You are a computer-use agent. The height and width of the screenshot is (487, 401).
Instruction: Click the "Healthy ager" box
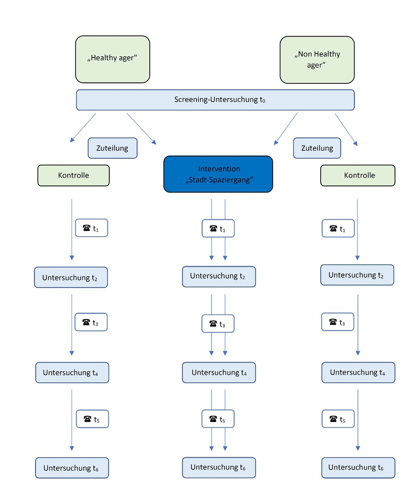click(112, 59)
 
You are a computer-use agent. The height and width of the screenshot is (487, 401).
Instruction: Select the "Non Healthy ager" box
click(317, 60)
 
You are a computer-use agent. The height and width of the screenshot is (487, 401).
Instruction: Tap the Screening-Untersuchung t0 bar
click(215, 100)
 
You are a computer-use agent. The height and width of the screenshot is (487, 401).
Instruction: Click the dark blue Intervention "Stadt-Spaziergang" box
click(218, 174)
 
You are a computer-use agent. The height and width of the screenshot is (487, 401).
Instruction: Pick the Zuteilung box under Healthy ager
click(112, 148)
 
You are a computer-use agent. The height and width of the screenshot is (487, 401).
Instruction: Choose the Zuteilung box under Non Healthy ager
click(317, 148)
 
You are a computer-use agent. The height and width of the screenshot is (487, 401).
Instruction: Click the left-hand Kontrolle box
click(74, 176)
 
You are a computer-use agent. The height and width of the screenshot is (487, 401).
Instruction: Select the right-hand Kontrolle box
click(357, 176)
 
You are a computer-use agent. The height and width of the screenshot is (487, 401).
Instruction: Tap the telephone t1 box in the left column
click(92, 228)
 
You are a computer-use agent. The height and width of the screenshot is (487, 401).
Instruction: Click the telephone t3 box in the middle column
click(218, 323)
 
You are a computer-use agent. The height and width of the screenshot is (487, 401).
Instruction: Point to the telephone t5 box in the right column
click(338, 419)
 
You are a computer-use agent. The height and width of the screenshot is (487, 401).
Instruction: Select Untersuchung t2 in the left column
click(71, 277)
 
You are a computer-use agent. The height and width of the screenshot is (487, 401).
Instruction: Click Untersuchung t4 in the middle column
click(219, 372)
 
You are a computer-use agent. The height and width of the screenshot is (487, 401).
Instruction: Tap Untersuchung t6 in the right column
click(358, 468)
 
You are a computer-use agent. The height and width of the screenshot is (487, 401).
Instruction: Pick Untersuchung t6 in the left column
click(72, 468)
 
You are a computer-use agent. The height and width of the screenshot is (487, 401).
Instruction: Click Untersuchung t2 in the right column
click(357, 275)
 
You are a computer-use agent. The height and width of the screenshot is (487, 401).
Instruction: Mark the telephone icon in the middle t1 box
click(213, 229)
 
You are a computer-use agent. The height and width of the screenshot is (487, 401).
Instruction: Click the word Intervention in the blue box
click(219, 169)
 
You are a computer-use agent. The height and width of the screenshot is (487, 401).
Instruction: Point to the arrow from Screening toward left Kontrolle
click(83, 128)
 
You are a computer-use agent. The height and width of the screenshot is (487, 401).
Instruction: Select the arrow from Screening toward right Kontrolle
click(346, 129)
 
